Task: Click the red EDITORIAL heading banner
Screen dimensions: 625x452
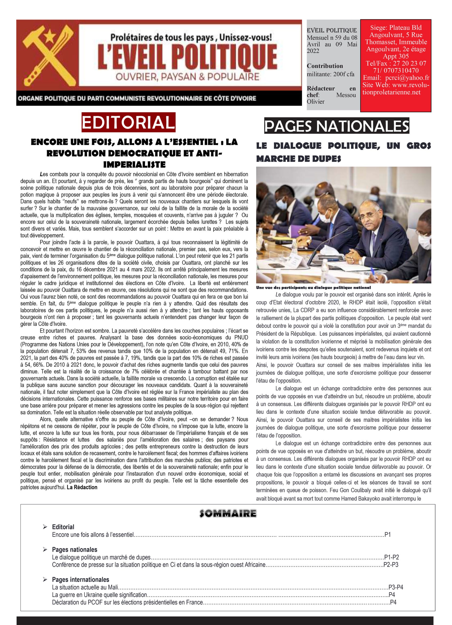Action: point(128,122)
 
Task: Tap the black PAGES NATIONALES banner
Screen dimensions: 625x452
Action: point(336,126)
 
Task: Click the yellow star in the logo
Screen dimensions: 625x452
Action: point(49,37)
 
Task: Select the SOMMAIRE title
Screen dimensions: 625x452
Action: point(228,513)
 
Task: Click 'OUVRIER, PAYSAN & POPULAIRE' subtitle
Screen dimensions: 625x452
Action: point(187,77)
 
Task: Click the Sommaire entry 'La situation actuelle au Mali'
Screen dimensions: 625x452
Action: point(85,587)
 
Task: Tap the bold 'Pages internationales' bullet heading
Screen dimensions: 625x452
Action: point(81,580)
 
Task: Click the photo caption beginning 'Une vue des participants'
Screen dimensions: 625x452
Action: point(313,288)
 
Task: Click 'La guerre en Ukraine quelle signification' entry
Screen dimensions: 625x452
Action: point(99,595)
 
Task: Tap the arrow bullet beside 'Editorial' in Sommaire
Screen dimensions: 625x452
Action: point(45,527)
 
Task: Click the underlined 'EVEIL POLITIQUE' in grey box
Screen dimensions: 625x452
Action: point(332,30)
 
